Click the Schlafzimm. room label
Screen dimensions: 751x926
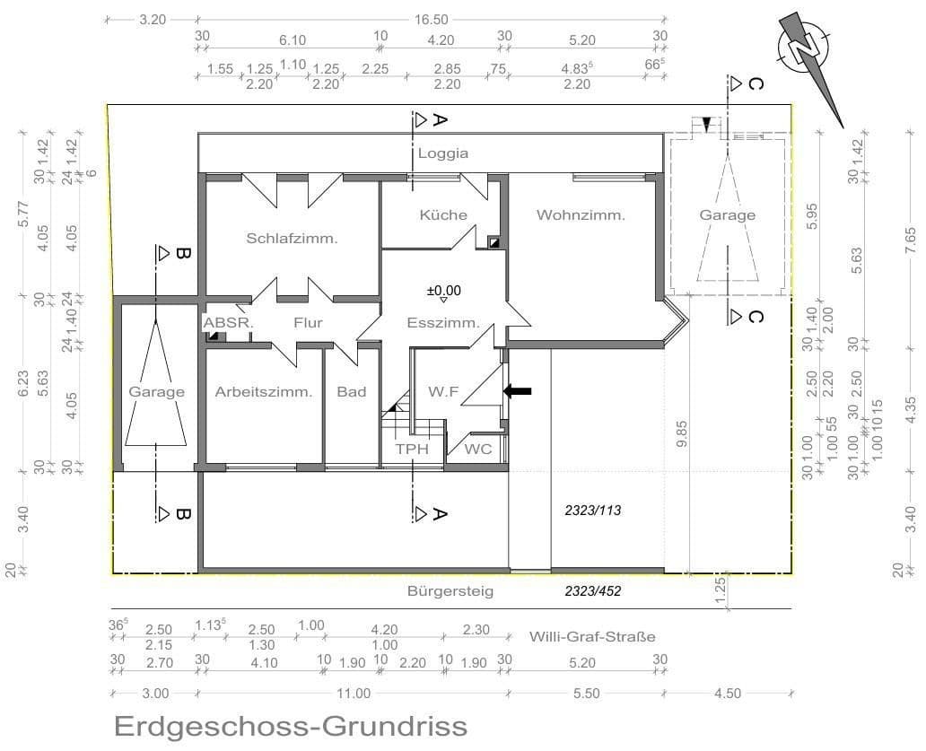point(292,239)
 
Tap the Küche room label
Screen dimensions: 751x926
point(443,215)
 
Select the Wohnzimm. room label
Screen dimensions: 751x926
point(581,215)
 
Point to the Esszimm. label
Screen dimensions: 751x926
point(443,323)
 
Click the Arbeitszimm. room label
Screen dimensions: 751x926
point(264,392)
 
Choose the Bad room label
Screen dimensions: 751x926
point(351,392)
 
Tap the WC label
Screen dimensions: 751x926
point(479,449)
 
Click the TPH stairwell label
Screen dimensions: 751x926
point(412,449)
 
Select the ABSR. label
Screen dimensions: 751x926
point(229,323)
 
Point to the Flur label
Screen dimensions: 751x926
point(307,323)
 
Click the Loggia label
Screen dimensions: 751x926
point(443,153)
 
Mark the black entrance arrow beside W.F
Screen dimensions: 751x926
point(518,391)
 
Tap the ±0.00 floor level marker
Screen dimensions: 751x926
point(443,291)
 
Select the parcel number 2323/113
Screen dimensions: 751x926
point(593,510)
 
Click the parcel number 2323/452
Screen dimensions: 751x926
point(593,591)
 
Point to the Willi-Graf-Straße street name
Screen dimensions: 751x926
point(592,637)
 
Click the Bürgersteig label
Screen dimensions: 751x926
point(450,591)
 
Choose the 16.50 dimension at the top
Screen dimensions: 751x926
point(432,19)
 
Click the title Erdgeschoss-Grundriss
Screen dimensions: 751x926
point(291,725)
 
